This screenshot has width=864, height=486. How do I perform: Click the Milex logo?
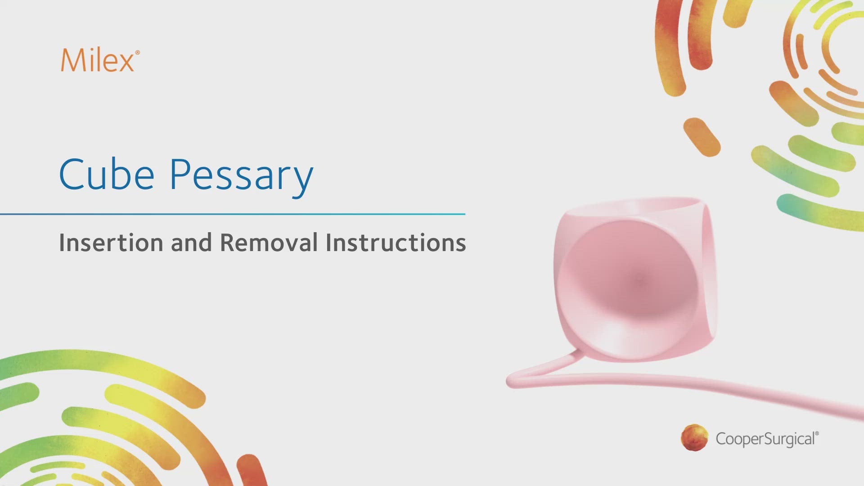click(100, 60)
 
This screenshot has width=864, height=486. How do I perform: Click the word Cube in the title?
click(107, 174)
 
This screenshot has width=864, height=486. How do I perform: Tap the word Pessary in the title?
click(241, 177)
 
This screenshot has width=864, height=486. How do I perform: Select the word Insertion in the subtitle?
click(111, 243)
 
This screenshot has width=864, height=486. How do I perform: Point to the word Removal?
click(269, 243)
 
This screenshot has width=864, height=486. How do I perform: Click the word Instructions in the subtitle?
click(396, 243)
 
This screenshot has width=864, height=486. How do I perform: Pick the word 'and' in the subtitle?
click(191, 243)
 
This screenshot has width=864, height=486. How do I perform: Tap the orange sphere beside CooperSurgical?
click(694, 437)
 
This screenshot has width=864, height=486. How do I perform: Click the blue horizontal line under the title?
click(233, 214)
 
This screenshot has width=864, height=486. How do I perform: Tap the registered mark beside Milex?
click(137, 53)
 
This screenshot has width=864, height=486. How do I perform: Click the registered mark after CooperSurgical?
click(817, 434)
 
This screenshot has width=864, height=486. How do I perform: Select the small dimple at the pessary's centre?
click(639, 279)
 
